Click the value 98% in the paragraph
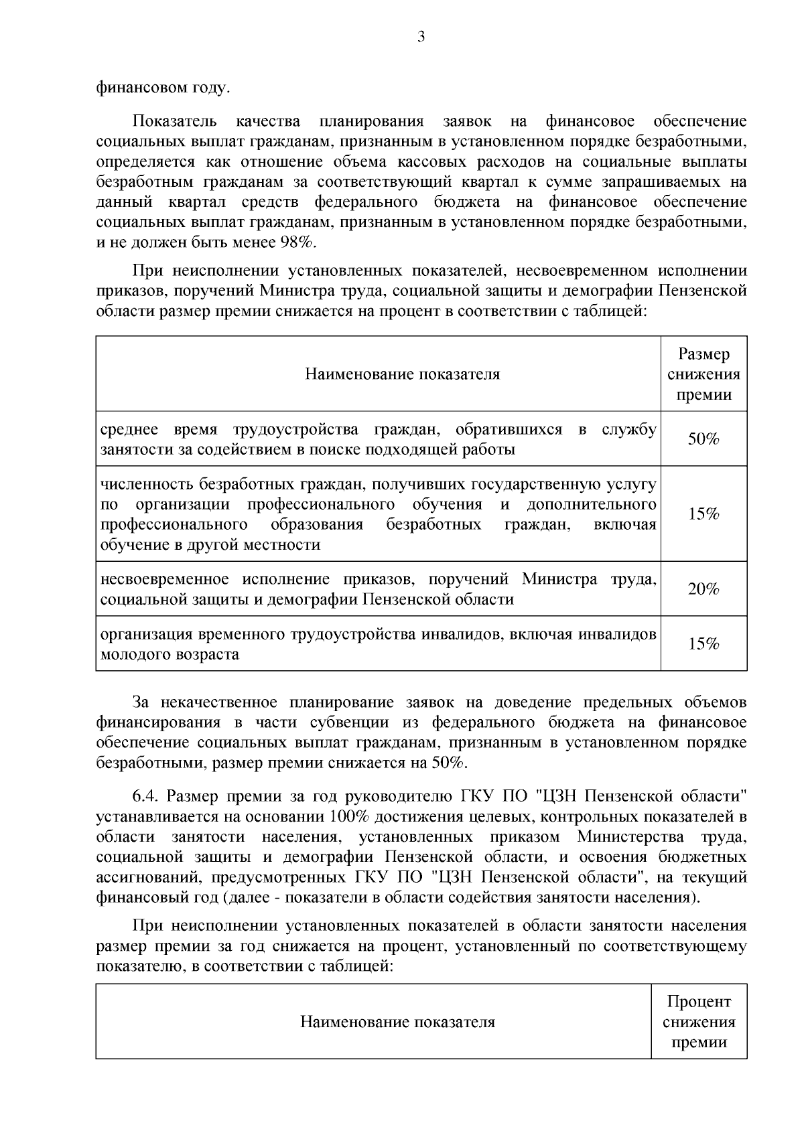[297, 242]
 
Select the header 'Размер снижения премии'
[703, 374]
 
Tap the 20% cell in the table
[703, 589]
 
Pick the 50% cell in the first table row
[703, 439]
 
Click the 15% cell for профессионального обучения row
[703, 514]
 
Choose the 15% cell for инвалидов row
[703, 643]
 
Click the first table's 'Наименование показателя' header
[402, 374]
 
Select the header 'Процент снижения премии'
[699, 1022]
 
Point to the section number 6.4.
[145, 797]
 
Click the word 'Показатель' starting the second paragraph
[174, 121]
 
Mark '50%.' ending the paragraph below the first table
[450, 763]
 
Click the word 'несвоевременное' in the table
[164, 579]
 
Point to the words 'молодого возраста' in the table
[170, 654]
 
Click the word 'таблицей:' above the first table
[612, 311]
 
